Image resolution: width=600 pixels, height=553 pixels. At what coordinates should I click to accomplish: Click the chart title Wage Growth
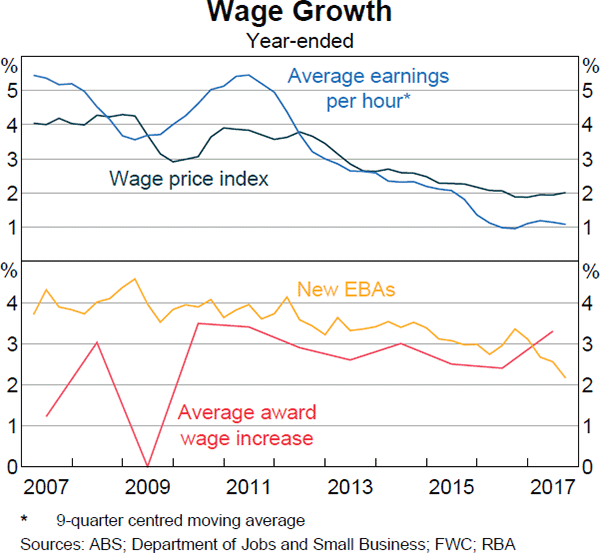[x=300, y=14]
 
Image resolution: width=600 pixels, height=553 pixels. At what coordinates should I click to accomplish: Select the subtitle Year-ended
[x=300, y=41]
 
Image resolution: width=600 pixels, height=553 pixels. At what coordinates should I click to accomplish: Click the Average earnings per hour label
[x=368, y=88]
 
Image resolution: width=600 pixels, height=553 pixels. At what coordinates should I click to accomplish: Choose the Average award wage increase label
[x=246, y=425]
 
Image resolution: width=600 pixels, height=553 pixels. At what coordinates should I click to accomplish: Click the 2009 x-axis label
[x=148, y=488]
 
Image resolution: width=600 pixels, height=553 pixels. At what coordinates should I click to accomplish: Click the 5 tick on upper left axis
[x=11, y=91]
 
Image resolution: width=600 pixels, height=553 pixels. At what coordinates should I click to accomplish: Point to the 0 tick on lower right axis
[x=588, y=467]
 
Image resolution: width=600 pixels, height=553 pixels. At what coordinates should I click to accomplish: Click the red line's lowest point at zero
[x=148, y=466]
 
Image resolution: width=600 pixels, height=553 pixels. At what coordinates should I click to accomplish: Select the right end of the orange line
[x=565, y=378]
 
